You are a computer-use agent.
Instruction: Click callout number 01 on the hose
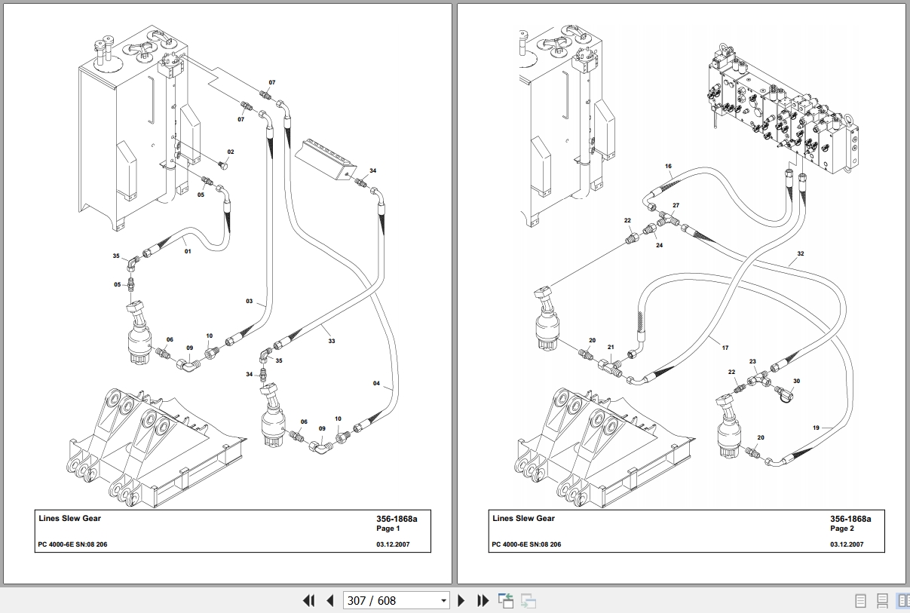click(x=188, y=251)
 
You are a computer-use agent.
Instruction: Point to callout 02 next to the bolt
click(x=231, y=152)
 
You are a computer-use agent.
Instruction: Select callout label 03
click(x=250, y=302)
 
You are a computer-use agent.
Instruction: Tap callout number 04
click(x=377, y=384)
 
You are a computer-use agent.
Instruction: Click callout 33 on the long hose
click(x=331, y=341)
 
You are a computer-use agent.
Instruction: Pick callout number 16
click(x=668, y=166)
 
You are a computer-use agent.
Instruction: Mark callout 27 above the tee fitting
click(x=676, y=205)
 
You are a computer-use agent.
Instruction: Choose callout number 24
click(x=659, y=245)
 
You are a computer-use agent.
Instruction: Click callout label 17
click(x=725, y=348)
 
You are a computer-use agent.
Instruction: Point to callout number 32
click(x=801, y=254)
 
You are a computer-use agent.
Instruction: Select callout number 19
click(x=816, y=428)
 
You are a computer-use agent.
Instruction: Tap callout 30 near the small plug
click(x=796, y=382)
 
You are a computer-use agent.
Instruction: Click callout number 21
click(x=611, y=348)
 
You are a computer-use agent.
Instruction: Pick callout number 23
click(x=752, y=362)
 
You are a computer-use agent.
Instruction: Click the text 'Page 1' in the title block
click(x=388, y=529)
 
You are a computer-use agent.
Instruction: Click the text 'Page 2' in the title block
click(x=842, y=529)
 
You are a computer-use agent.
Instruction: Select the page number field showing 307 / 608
click(x=388, y=601)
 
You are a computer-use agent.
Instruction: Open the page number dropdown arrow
click(x=443, y=601)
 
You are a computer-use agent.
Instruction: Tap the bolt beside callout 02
click(x=224, y=164)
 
